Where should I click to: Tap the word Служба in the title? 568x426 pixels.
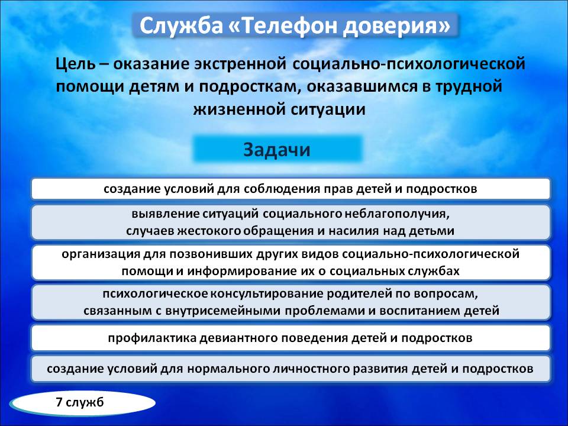[181, 26]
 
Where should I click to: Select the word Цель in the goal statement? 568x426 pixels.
[76, 64]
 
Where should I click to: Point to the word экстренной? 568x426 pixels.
[240, 64]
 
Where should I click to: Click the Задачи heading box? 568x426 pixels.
[277, 149]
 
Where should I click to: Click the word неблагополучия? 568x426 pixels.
[397, 214]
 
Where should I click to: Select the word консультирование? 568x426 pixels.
[267, 294]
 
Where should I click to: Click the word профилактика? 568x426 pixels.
[152, 338]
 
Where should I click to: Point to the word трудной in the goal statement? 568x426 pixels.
[469, 87]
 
